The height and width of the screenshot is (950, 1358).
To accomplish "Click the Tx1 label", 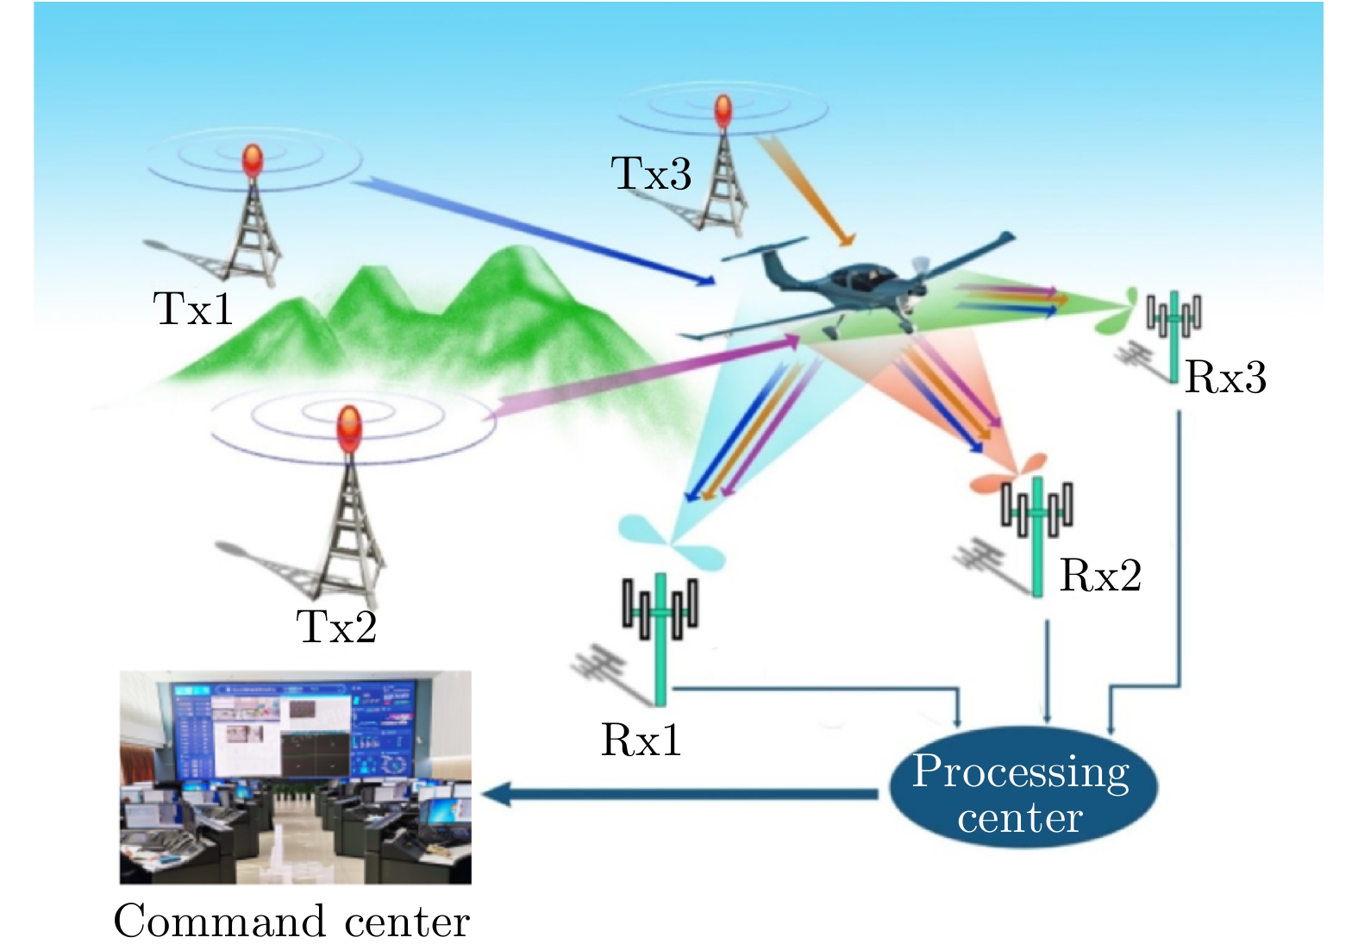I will [x=193, y=309].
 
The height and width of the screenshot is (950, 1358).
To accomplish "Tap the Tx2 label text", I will [x=336, y=627].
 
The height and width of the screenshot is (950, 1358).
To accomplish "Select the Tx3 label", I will [x=651, y=173].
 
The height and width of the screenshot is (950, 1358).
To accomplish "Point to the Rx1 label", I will [x=641, y=740].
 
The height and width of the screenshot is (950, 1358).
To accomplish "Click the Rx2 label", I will [x=1100, y=575].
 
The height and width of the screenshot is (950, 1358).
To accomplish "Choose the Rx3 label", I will [x=1225, y=377].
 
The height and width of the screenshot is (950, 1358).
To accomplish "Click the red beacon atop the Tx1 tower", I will [x=251, y=160].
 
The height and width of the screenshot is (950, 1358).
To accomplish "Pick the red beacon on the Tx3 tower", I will [x=723, y=112].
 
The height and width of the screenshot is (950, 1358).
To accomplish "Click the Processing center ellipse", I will [x=1022, y=787].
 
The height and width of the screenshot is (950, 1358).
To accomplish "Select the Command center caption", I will [x=291, y=922].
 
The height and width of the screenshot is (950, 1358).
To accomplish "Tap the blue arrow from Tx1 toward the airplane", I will [x=535, y=230].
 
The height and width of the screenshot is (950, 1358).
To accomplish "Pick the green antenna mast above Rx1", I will [x=660, y=638].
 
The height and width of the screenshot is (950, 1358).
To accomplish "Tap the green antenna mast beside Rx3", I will [x=1173, y=336].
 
